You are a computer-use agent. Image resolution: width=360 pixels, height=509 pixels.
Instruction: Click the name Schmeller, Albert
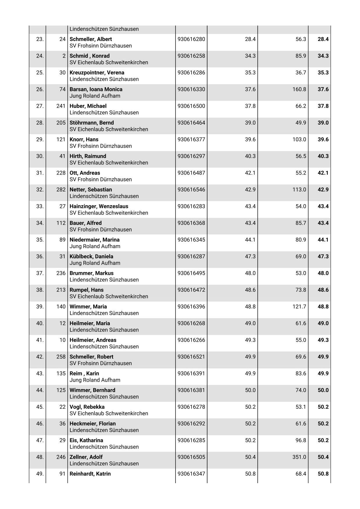(91, 39)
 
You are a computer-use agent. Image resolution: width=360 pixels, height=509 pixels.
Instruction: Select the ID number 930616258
(191, 56)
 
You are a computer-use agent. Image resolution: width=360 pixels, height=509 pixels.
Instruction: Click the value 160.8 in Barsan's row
(299, 89)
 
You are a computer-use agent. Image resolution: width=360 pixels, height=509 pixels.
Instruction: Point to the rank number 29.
(40, 139)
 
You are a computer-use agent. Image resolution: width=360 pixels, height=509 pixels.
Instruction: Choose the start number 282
(61, 190)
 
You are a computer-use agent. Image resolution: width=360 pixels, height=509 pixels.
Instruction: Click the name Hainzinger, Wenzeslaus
(99, 206)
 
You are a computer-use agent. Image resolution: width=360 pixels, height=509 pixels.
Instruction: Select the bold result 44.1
(323, 240)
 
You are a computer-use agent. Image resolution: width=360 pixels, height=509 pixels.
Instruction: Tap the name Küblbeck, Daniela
(91, 257)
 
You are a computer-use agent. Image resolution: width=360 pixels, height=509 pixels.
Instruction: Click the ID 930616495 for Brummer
(191, 273)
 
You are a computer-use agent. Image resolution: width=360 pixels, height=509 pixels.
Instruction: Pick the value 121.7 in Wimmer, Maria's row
(299, 307)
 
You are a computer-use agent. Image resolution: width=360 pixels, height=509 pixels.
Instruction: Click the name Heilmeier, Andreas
(93, 340)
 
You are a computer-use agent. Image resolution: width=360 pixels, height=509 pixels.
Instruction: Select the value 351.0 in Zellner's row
(299, 457)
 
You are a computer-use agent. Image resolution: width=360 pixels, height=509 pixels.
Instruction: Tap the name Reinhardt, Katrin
(90, 474)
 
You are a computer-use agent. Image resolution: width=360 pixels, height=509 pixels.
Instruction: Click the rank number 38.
(40, 290)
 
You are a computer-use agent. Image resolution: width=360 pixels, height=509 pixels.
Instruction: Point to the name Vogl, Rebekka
(87, 407)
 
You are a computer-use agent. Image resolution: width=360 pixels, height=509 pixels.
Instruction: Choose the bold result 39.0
(323, 123)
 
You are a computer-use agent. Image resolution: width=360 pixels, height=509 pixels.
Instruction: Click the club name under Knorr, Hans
(101, 146)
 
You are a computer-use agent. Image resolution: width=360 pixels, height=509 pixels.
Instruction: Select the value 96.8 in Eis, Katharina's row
(301, 440)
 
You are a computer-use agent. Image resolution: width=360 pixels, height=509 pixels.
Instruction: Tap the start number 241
(61, 106)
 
